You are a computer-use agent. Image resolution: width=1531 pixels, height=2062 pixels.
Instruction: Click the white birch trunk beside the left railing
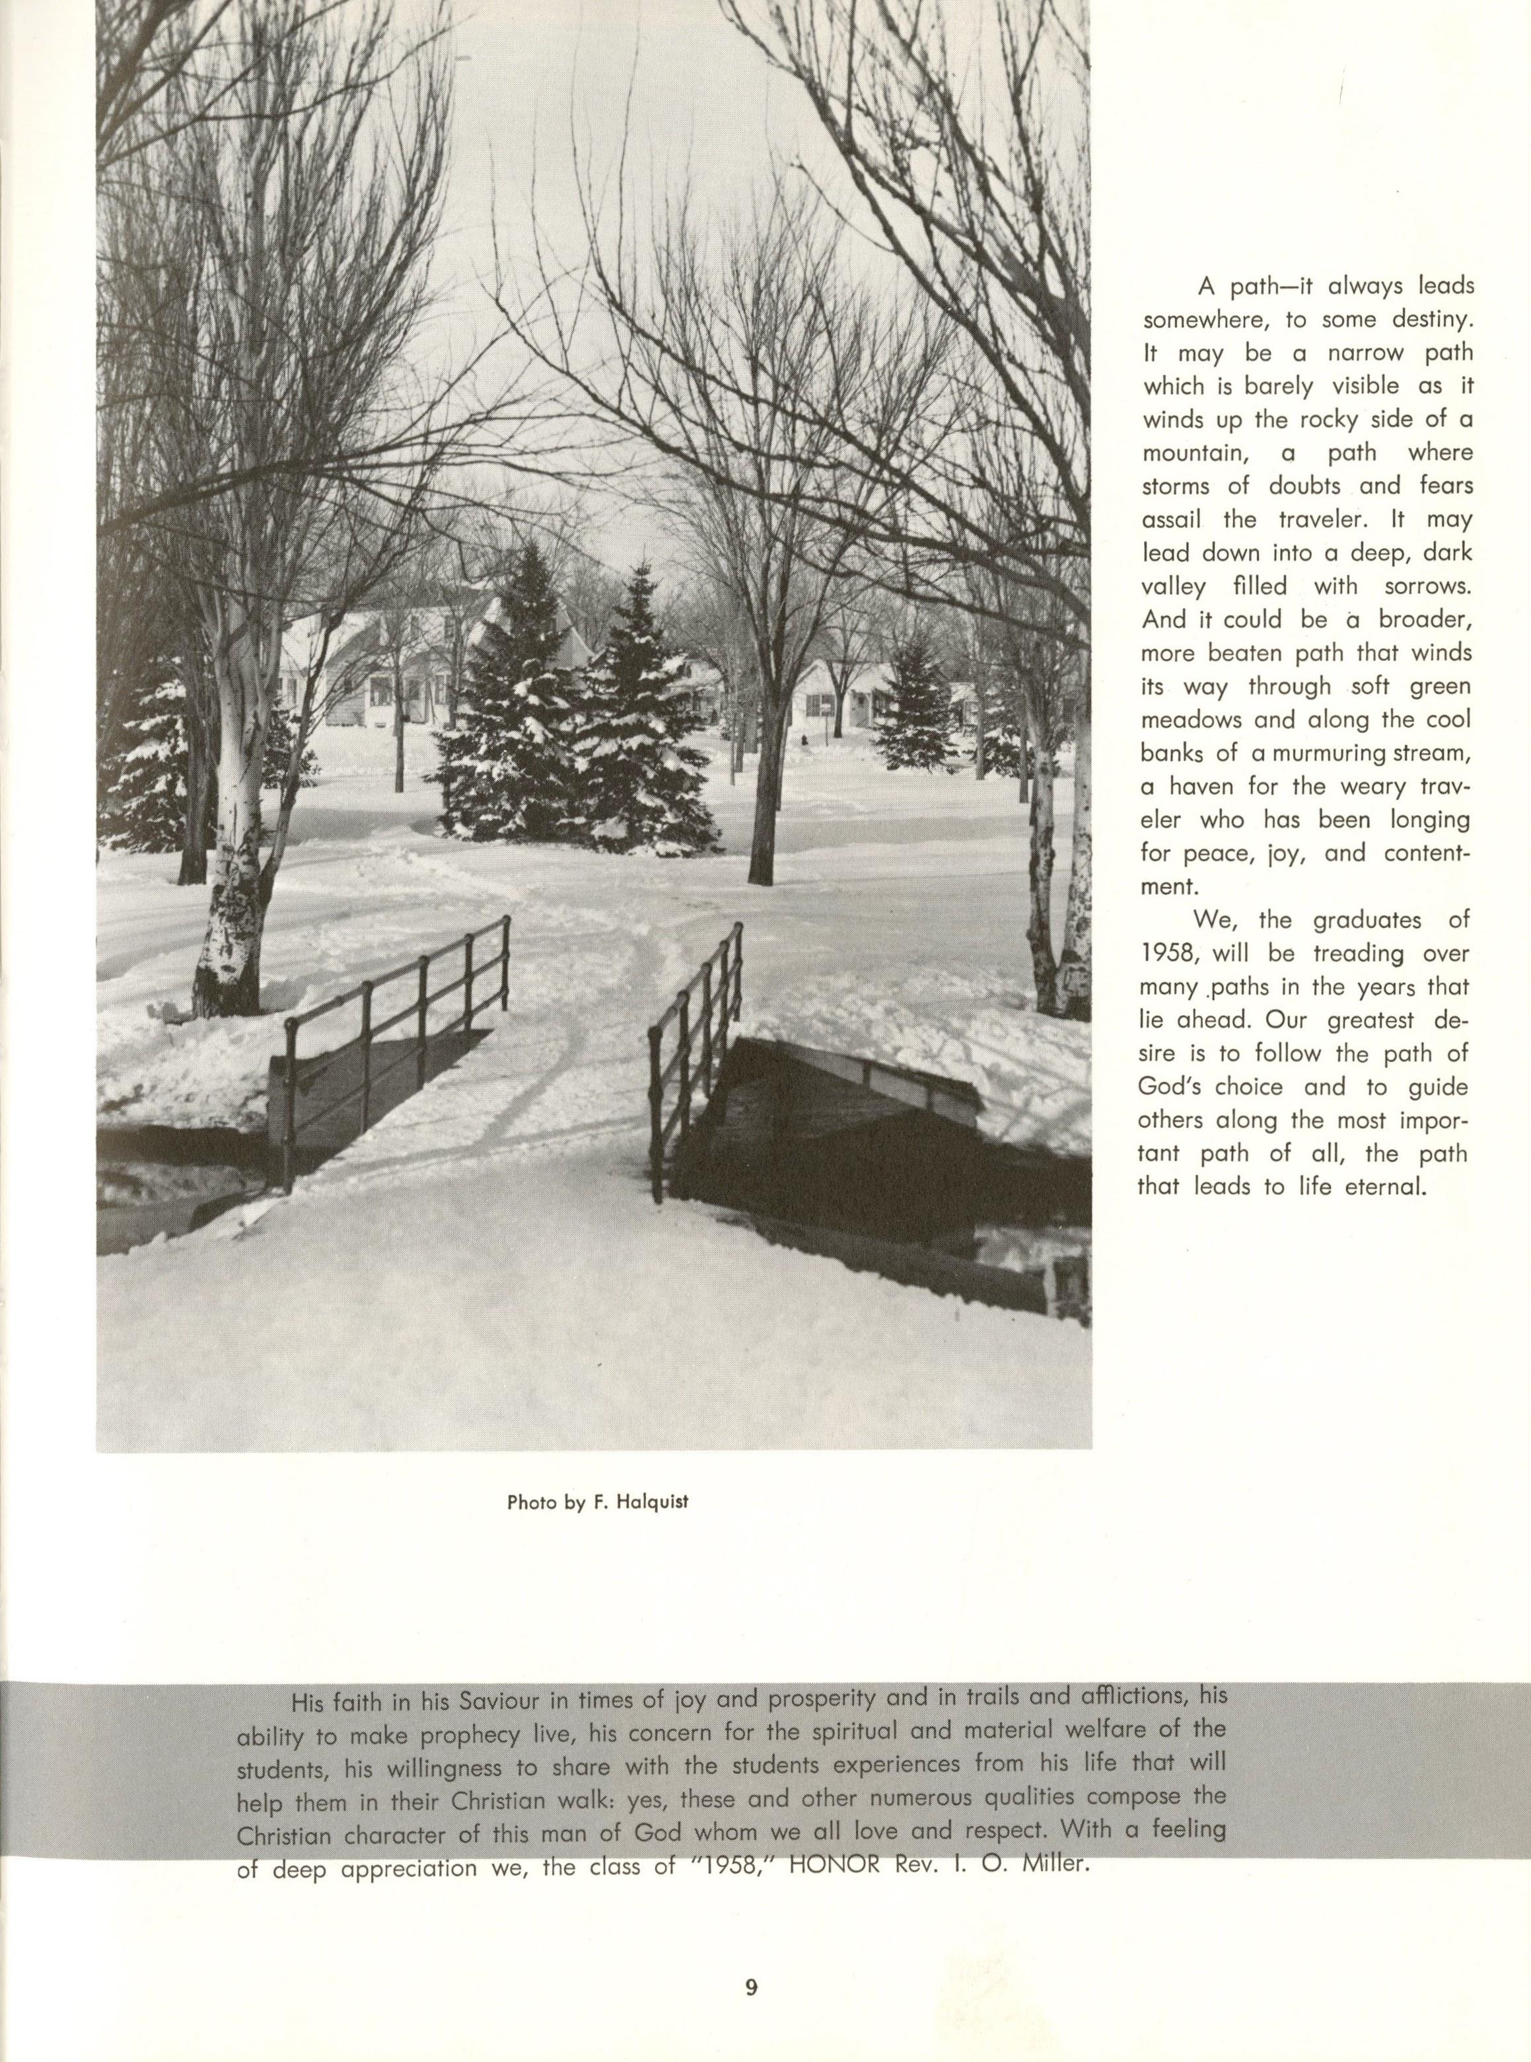pos(232,890)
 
